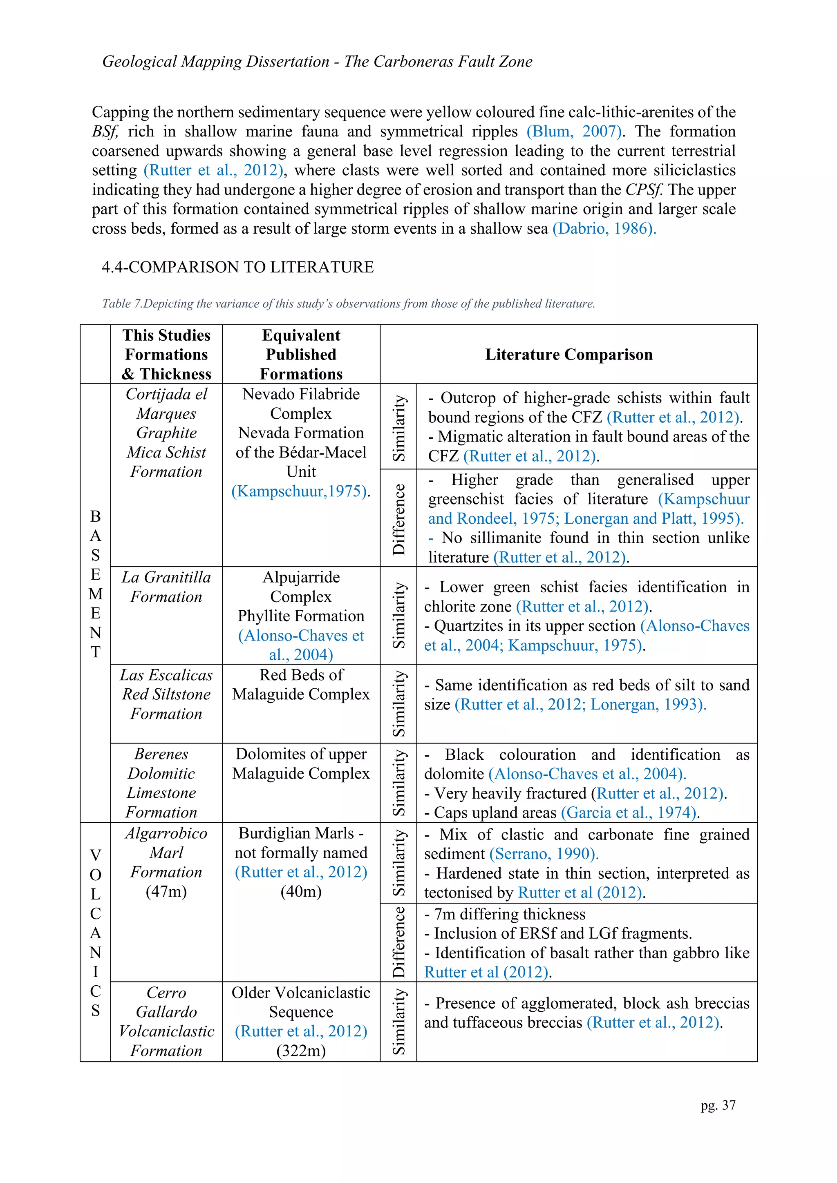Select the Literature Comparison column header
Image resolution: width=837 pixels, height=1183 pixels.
click(568, 355)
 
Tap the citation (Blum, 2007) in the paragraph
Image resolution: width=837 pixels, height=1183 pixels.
click(574, 132)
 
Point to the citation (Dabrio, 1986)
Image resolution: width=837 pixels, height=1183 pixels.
click(604, 228)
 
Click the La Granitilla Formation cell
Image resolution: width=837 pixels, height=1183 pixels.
click(166, 587)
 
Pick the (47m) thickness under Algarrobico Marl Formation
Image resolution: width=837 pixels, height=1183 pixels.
click(166, 891)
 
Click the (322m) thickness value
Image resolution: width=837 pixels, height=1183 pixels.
click(300, 1051)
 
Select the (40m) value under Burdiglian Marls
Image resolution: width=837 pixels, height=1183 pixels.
click(300, 891)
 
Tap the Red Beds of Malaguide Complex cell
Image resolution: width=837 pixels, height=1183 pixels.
click(300, 684)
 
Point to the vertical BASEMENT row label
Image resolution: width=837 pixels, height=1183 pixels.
click(95, 584)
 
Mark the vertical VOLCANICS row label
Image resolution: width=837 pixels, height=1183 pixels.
click(95, 933)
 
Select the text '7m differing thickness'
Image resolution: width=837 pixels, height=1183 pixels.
click(509, 914)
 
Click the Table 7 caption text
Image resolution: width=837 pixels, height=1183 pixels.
click(348, 304)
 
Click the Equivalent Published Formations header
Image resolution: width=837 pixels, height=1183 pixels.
click(300, 355)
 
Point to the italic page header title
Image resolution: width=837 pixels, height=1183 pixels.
click(317, 61)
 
